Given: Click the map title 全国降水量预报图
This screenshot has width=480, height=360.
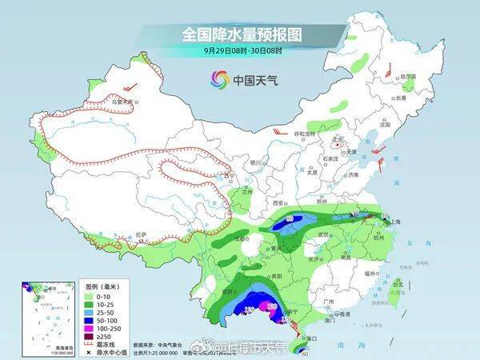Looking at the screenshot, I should [240, 35].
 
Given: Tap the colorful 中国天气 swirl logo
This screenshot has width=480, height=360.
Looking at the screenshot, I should [219, 79].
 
